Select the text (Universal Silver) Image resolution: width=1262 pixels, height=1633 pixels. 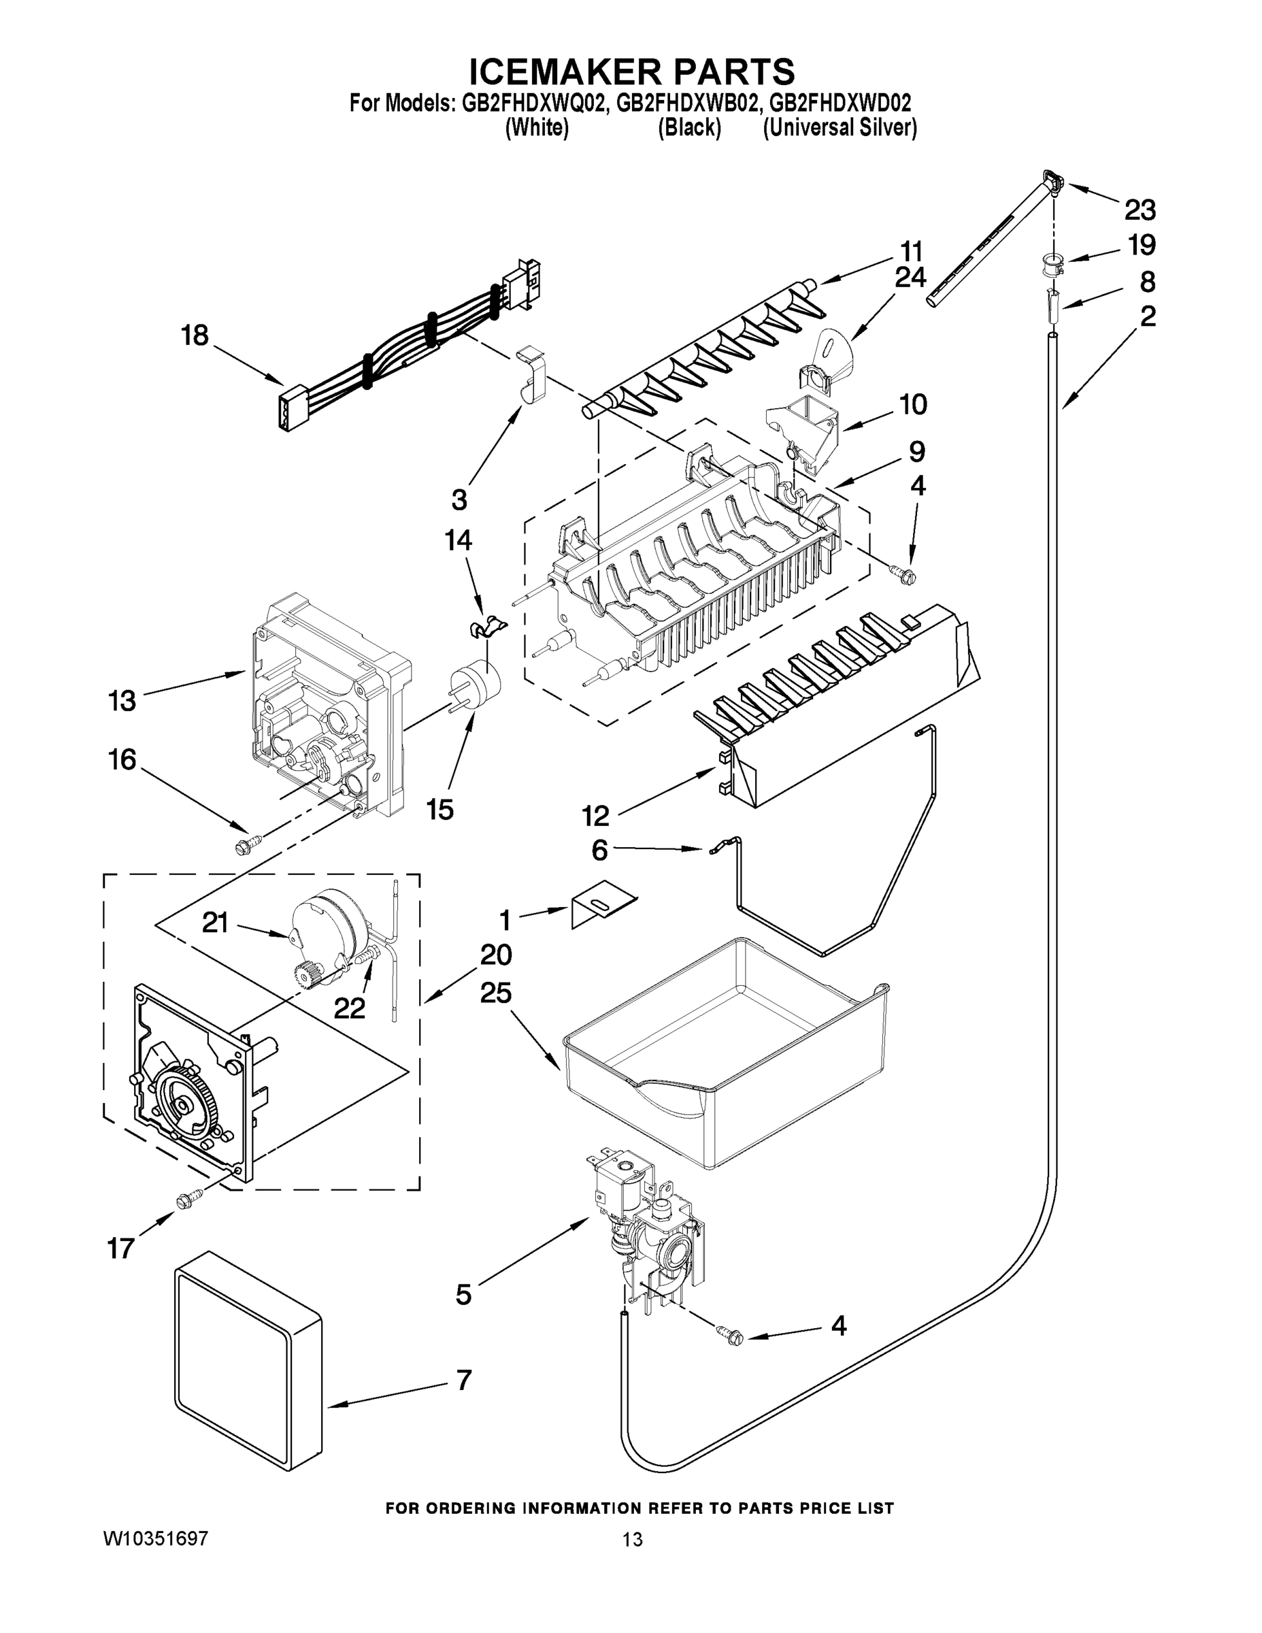coord(839,128)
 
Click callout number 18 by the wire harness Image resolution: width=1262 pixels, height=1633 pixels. coord(195,335)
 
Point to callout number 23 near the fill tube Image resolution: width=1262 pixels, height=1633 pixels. coord(1140,210)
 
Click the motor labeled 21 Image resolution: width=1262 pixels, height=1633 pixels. coord(329,927)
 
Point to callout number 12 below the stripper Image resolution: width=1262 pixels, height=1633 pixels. coord(595,815)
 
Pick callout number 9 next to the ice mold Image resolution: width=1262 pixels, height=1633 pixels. coord(916,452)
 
